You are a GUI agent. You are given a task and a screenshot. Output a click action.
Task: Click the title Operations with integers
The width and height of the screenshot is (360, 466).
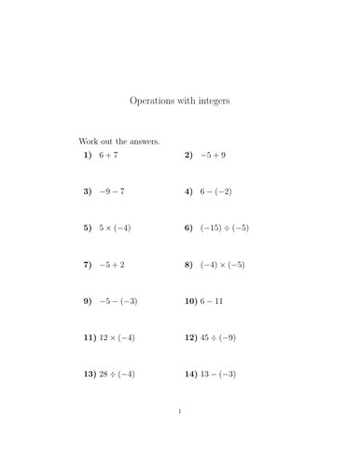coord(179,100)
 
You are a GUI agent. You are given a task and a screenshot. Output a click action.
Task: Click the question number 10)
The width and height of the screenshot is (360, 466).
coord(191,301)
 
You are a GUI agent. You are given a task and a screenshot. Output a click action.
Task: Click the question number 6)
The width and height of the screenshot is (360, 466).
coord(189,228)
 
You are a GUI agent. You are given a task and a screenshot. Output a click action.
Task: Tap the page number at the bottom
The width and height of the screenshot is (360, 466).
coord(179,436)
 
